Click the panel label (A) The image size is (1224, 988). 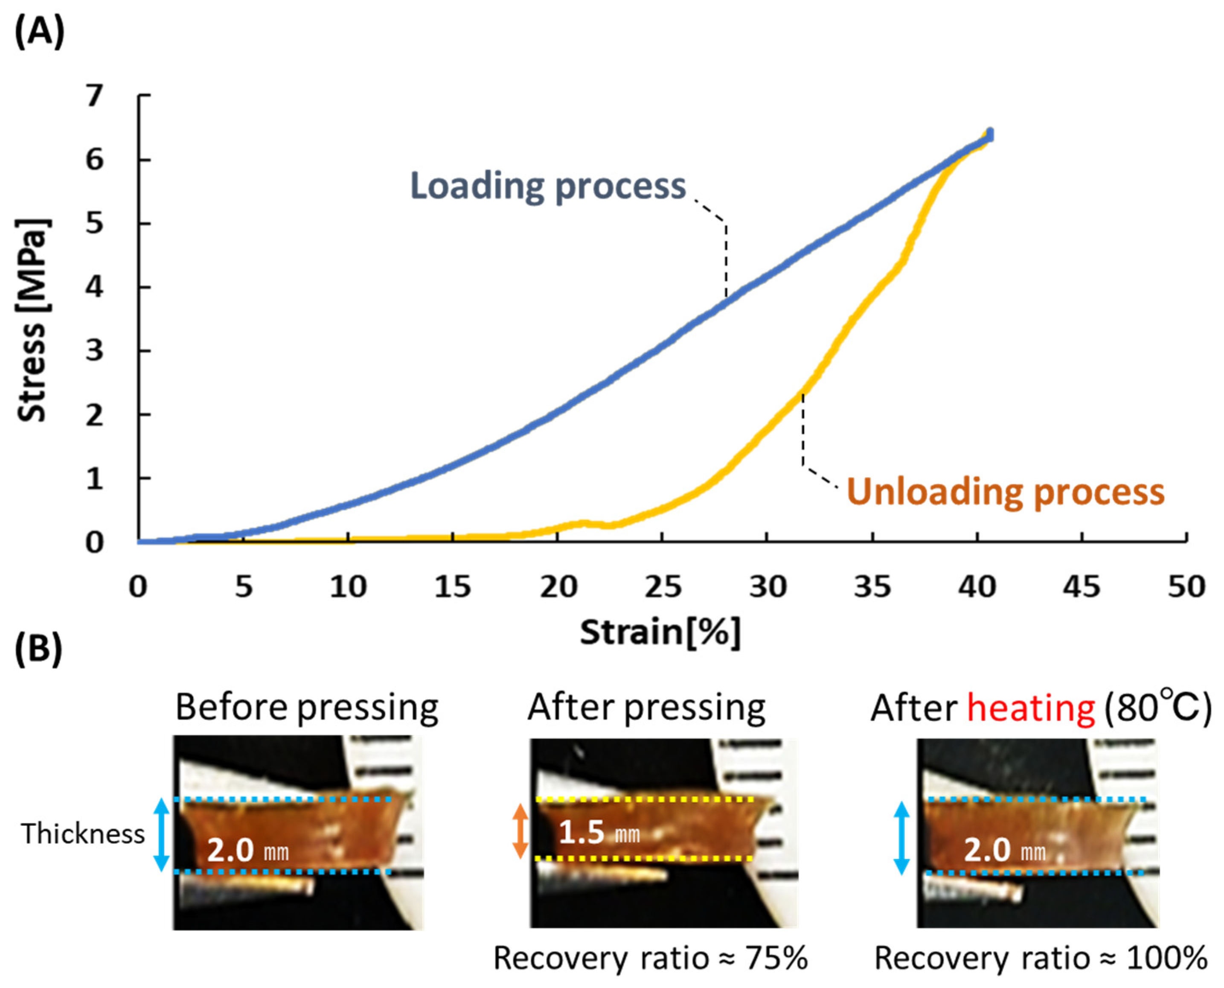(x=39, y=32)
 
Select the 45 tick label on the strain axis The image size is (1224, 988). (x=1081, y=586)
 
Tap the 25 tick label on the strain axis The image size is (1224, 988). (x=663, y=586)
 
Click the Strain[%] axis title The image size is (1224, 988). (x=660, y=632)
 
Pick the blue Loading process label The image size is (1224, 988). (x=548, y=186)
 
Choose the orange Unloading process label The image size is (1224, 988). (x=1005, y=492)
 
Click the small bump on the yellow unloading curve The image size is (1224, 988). (x=583, y=522)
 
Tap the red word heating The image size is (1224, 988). (x=1031, y=708)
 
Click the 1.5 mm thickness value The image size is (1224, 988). (x=599, y=833)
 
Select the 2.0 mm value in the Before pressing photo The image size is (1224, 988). (x=247, y=850)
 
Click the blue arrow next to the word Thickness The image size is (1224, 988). (x=162, y=835)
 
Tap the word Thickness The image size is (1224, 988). (x=83, y=834)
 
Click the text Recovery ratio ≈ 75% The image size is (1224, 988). (x=650, y=958)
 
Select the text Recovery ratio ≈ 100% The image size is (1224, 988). (x=1040, y=958)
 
